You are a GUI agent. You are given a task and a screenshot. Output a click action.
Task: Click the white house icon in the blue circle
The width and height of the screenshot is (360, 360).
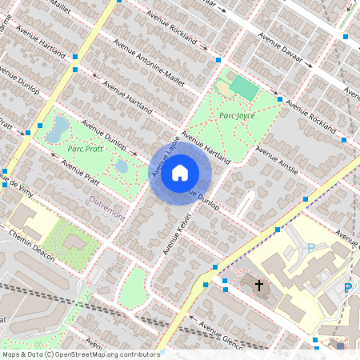180,172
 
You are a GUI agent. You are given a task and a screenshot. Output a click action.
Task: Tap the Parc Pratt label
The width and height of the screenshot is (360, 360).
85,149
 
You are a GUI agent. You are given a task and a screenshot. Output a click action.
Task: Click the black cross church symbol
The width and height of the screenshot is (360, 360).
258,284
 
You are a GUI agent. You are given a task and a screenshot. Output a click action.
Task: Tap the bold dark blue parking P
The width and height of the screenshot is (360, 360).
347,288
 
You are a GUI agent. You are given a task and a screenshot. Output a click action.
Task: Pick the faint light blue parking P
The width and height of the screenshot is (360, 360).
310,249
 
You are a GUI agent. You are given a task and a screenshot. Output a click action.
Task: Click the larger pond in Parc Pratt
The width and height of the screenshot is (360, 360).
57,129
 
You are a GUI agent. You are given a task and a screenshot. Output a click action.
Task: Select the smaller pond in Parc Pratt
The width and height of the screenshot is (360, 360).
122,166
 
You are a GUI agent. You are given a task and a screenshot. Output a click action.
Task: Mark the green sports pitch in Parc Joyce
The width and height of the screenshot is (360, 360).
244,89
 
